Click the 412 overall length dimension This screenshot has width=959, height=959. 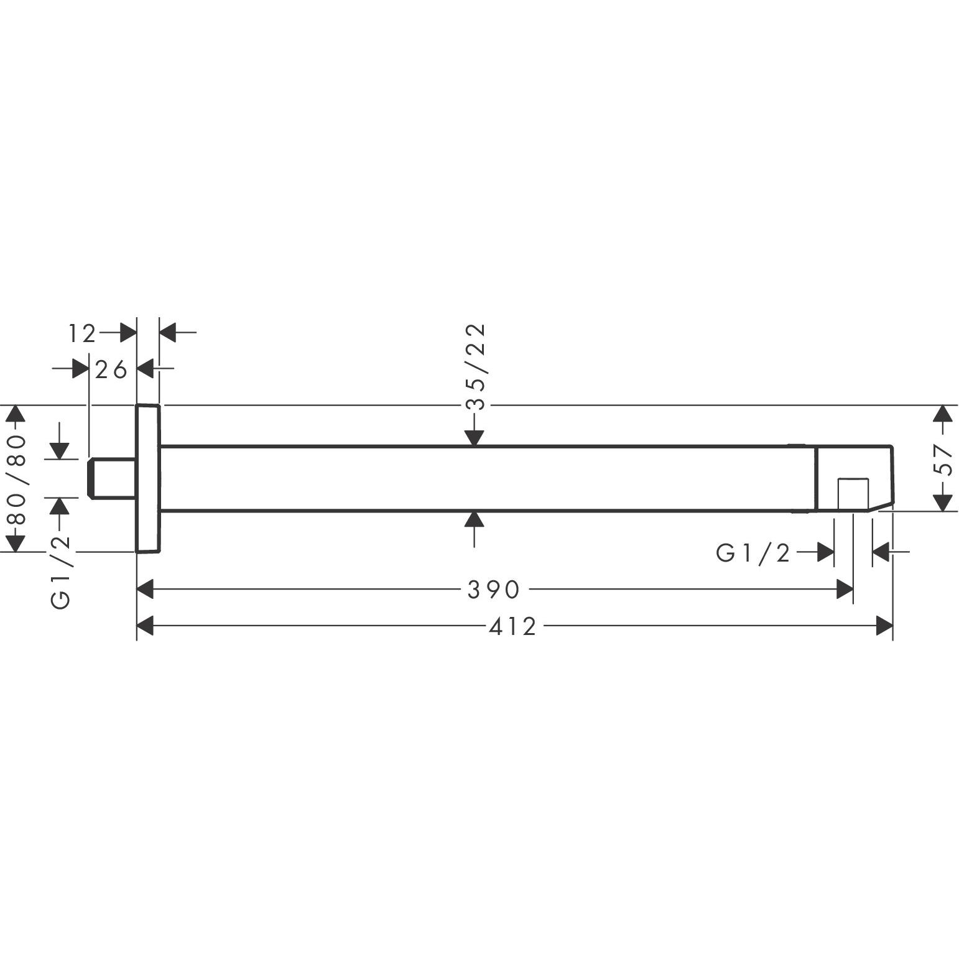point(512,626)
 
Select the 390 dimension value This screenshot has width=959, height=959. point(493,590)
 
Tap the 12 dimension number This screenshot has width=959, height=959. point(82,334)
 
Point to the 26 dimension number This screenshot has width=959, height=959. point(111,370)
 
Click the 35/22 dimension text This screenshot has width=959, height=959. point(475,367)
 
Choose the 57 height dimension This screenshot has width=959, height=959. point(943,459)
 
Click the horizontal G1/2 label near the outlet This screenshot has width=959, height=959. point(753,552)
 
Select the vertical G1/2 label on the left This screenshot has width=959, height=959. point(60,572)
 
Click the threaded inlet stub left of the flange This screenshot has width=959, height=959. point(112,478)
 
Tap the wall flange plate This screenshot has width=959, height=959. point(148,478)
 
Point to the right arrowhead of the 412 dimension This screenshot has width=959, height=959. point(884,626)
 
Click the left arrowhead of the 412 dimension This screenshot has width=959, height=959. point(145,626)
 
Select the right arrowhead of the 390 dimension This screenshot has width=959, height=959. point(845,590)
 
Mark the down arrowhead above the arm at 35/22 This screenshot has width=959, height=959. point(475,438)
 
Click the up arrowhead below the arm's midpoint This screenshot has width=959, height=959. point(475,519)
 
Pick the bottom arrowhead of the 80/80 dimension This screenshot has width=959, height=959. point(17,543)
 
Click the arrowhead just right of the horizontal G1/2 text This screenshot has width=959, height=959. point(825,552)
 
